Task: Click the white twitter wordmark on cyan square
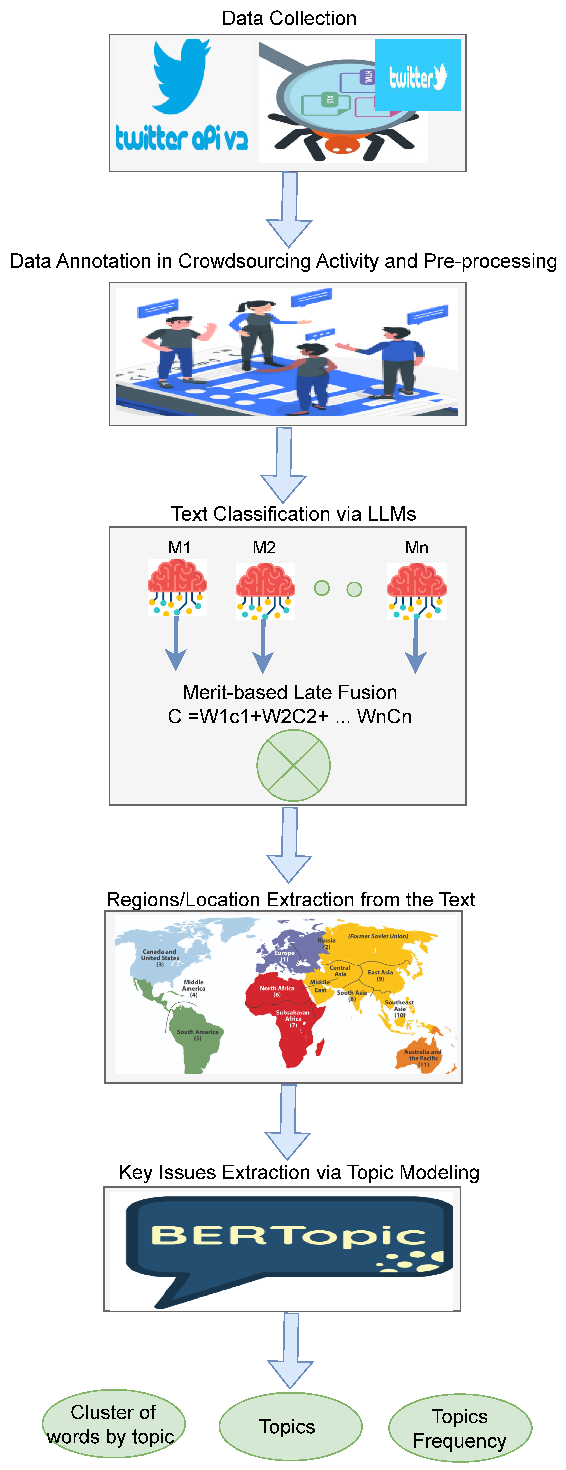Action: pos(418,76)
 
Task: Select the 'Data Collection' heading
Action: pos(289,18)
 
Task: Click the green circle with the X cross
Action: pos(293,765)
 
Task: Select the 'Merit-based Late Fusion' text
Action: pos(290,692)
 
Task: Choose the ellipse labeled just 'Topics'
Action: pos(290,1427)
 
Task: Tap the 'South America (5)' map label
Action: pos(197,1035)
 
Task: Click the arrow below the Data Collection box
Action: pos(290,208)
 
